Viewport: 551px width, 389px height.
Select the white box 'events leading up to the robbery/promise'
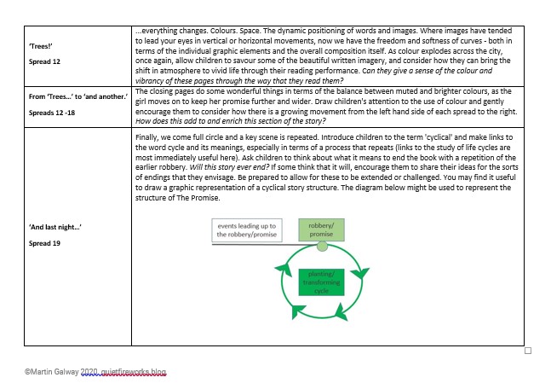point(248,229)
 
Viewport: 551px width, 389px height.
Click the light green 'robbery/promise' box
point(321,229)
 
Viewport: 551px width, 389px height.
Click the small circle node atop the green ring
point(322,246)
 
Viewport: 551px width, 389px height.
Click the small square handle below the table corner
point(527,351)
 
